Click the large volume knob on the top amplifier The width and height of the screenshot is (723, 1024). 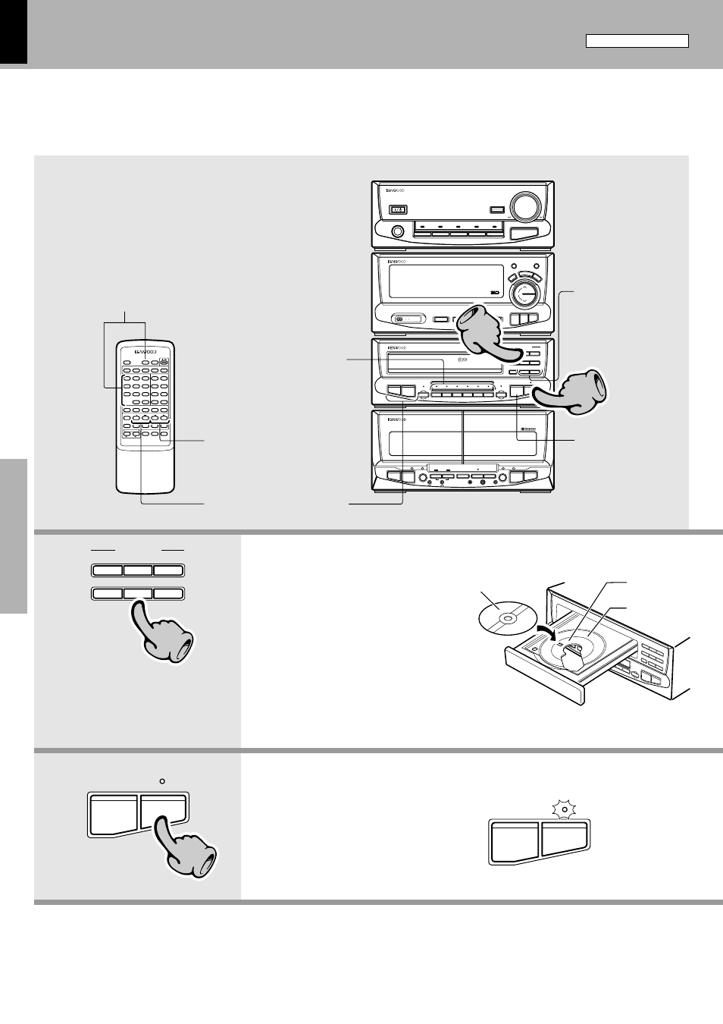pos(525,206)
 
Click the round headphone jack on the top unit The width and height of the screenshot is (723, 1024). pos(396,232)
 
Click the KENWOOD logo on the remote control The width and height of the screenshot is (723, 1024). pos(146,352)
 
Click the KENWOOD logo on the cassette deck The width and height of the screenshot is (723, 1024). pos(397,419)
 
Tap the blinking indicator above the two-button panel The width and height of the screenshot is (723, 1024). pos(564,812)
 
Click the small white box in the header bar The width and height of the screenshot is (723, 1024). pos(637,41)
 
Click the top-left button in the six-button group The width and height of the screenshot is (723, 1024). pos(107,570)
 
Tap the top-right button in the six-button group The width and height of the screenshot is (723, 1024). pos(168,570)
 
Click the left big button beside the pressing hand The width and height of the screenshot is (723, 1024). pos(113,814)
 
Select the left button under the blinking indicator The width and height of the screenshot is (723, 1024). pos(515,843)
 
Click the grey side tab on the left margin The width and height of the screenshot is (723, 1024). pos(13,536)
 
